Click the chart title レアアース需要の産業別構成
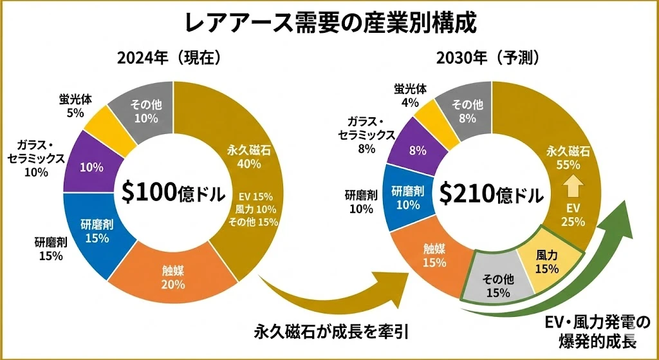[329, 23]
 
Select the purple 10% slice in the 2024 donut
[91, 167]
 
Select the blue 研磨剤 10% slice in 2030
[407, 197]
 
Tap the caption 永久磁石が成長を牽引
[331, 332]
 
